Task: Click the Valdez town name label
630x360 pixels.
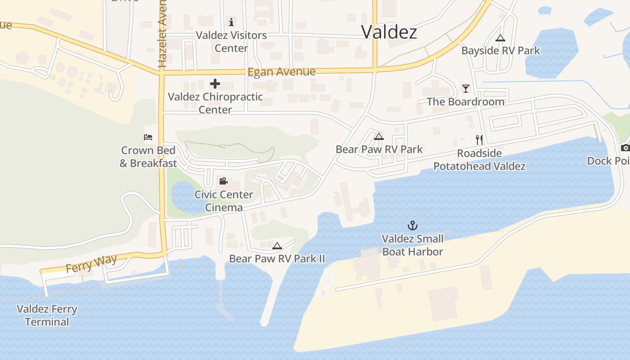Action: click(389, 31)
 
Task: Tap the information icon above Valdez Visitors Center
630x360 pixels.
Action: click(231, 22)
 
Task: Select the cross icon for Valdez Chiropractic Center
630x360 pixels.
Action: click(215, 83)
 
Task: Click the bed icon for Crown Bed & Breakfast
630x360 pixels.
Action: click(148, 137)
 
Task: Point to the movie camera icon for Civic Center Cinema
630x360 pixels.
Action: click(223, 181)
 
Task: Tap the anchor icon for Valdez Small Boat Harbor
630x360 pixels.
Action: click(412, 225)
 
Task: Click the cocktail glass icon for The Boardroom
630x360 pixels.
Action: click(465, 88)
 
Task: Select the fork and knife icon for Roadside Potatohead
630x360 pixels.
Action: click(479, 140)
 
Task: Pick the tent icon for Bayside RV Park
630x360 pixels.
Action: click(500, 38)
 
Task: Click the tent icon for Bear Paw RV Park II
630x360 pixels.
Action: click(277, 246)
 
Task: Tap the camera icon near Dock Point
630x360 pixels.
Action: click(625, 148)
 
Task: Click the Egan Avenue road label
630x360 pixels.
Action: click(281, 72)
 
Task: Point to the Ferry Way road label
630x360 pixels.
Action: click(91, 264)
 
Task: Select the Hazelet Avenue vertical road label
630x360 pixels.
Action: click(162, 34)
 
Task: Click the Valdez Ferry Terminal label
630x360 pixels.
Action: click(47, 315)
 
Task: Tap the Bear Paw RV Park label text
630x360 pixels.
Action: click(379, 149)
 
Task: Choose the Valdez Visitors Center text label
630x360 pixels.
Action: click(231, 41)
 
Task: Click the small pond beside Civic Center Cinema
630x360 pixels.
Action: click(189, 198)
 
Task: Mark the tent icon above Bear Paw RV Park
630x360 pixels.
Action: click(379, 136)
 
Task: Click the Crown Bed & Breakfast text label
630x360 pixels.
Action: click(148, 157)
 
